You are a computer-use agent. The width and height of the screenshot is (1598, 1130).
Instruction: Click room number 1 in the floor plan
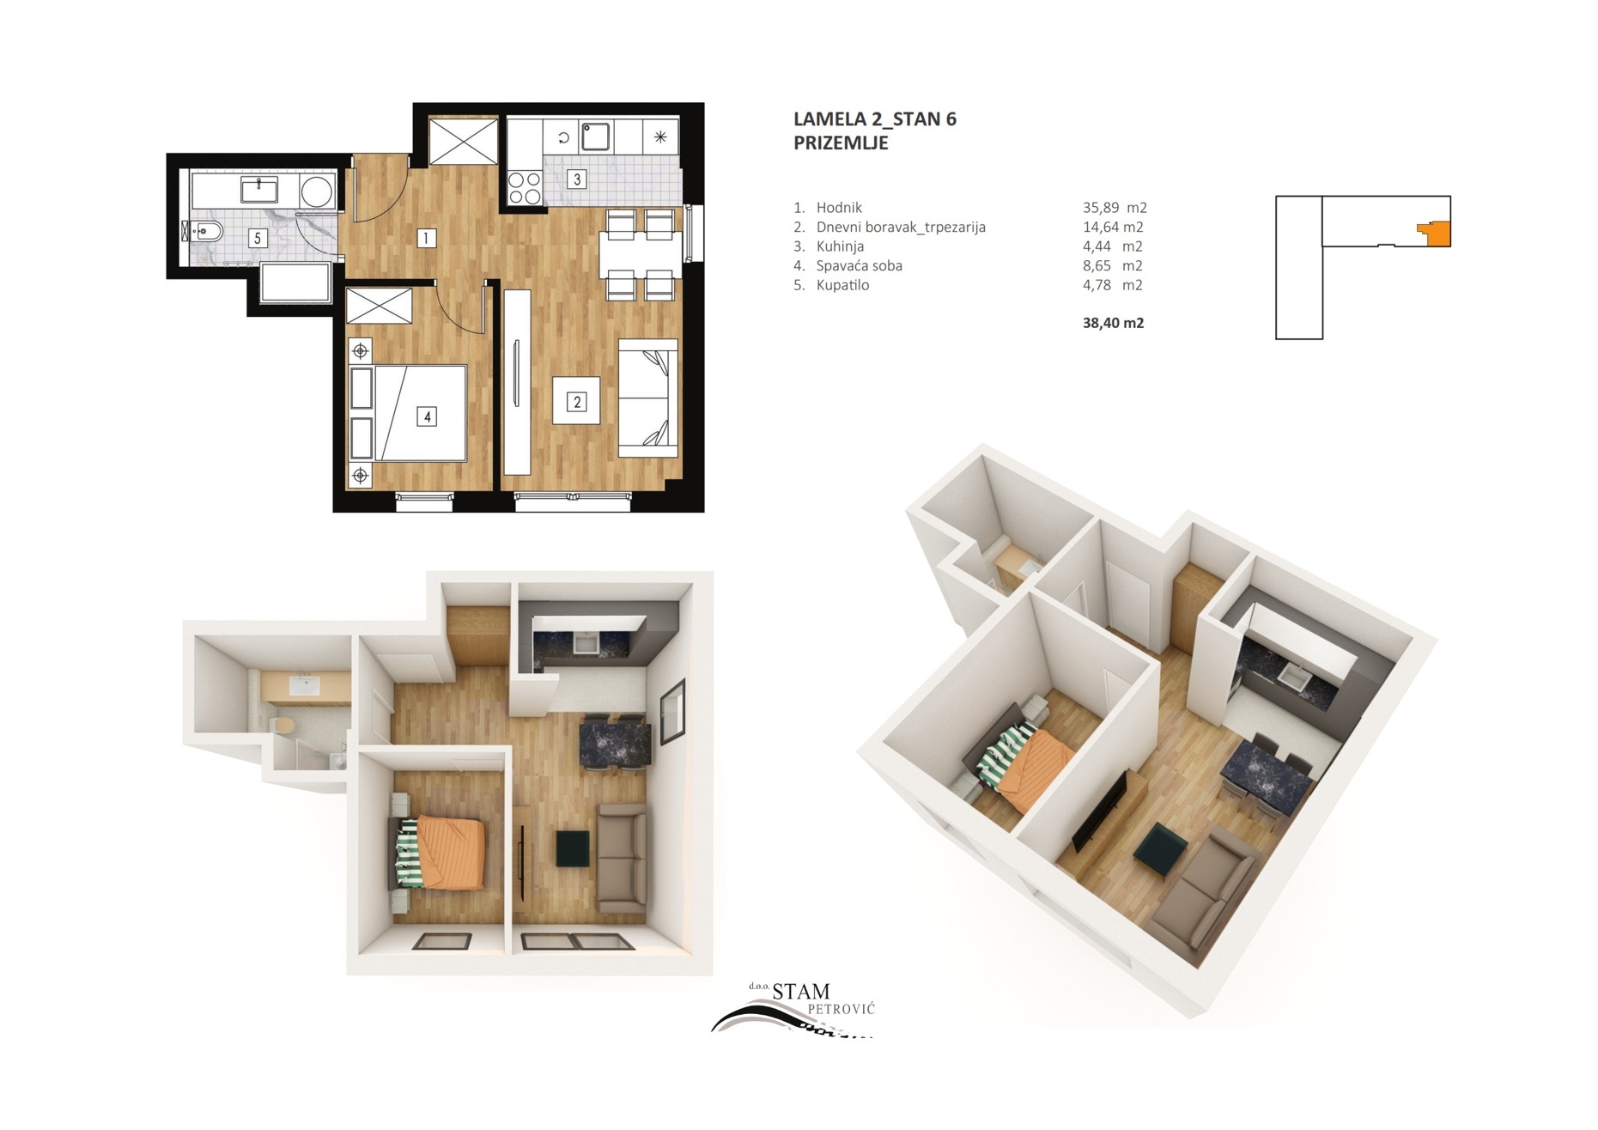click(x=426, y=238)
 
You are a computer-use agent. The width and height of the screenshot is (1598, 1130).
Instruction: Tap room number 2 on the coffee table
click(x=577, y=401)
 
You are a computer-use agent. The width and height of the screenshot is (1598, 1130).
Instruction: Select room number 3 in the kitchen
click(x=577, y=179)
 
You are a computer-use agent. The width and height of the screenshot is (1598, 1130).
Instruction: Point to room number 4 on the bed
click(x=427, y=416)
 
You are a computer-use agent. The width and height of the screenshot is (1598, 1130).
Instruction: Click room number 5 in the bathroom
click(x=257, y=238)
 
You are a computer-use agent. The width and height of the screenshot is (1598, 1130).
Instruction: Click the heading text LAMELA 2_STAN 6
click(x=874, y=119)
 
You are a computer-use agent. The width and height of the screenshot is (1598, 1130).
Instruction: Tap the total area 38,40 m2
click(x=1113, y=323)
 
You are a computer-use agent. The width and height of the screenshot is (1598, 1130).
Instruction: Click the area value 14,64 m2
click(x=1113, y=227)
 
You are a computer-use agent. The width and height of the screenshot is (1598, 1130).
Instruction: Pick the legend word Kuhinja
click(x=840, y=246)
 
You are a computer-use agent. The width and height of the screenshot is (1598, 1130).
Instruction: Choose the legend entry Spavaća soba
click(x=859, y=266)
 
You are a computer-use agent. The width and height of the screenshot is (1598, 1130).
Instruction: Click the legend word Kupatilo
click(x=842, y=285)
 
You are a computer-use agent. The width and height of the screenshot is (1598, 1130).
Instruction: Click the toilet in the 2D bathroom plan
click(x=204, y=230)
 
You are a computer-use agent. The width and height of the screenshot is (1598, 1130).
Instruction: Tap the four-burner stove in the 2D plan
click(x=524, y=187)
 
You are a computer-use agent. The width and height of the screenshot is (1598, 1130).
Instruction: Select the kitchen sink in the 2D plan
click(x=596, y=137)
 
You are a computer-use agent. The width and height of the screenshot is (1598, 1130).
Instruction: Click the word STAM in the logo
click(x=801, y=993)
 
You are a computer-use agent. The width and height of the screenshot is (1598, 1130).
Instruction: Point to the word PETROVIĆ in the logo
click(x=842, y=1009)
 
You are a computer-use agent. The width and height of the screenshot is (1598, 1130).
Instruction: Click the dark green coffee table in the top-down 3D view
click(x=573, y=848)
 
